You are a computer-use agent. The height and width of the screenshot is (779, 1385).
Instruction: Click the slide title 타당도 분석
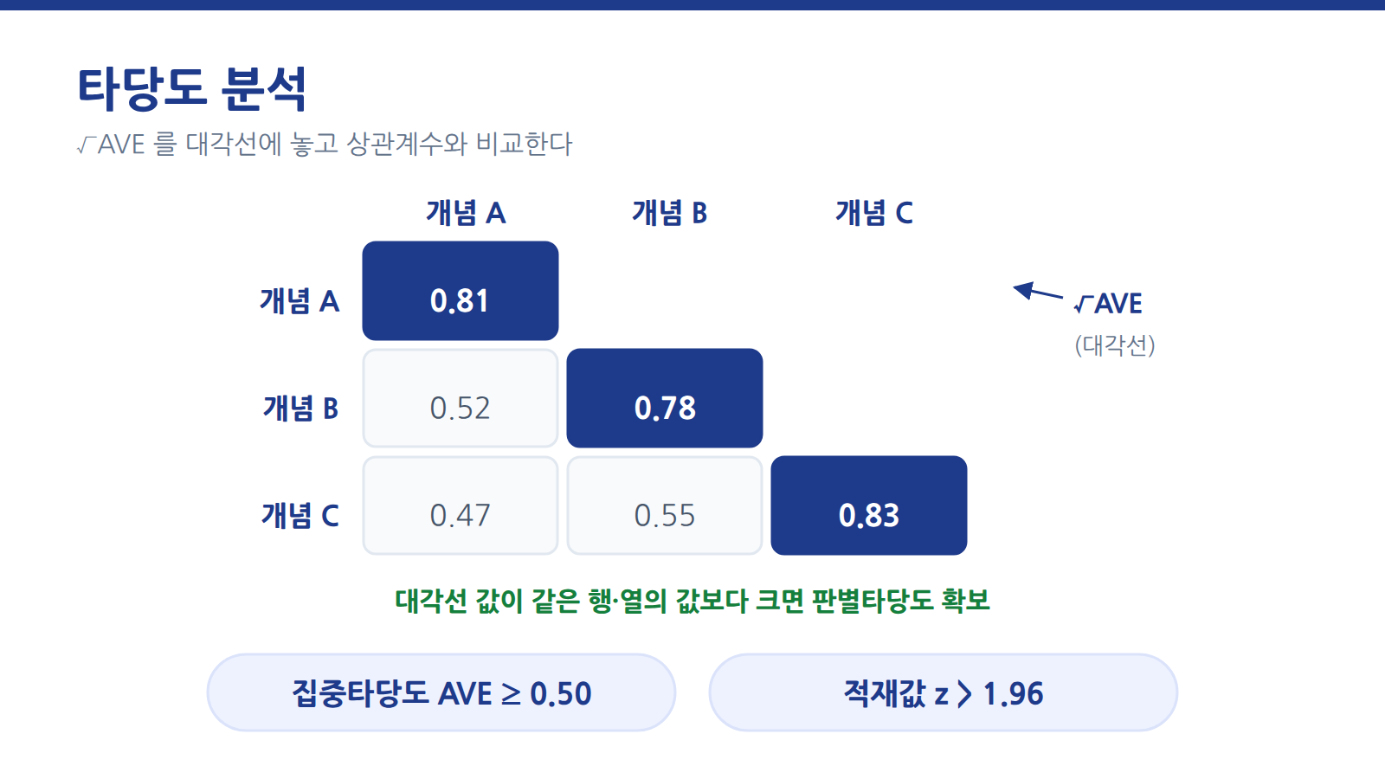(x=191, y=89)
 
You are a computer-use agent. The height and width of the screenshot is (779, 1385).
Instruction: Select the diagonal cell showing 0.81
(x=461, y=291)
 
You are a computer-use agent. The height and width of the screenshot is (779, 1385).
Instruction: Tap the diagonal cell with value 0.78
(x=665, y=398)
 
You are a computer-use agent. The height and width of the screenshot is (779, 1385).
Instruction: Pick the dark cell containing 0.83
(x=869, y=505)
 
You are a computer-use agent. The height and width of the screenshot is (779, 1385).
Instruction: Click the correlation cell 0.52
(x=461, y=398)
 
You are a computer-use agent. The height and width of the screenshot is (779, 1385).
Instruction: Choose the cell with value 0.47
(x=461, y=505)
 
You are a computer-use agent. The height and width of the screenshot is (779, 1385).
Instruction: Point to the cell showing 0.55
(x=665, y=505)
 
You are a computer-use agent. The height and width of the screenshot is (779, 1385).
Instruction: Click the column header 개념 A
(x=467, y=213)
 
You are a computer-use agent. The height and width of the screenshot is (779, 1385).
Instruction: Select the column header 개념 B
(x=670, y=213)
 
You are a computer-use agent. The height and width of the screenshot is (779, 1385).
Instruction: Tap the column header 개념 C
(x=874, y=213)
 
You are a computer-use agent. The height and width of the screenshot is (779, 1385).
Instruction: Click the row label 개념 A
(x=300, y=301)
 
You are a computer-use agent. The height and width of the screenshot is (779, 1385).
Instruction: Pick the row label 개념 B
(x=301, y=408)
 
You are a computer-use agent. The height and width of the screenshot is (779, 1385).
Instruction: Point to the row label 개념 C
(x=300, y=515)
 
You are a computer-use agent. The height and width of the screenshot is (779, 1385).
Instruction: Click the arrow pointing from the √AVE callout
(x=1038, y=292)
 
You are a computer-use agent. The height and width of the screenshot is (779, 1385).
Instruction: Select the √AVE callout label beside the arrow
(x=1108, y=304)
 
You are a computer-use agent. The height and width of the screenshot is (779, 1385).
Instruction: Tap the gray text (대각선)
(x=1115, y=345)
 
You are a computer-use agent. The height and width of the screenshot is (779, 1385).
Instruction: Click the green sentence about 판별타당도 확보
(x=692, y=601)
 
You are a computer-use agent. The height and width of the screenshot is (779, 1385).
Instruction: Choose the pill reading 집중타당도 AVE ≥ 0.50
(x=441, y=693)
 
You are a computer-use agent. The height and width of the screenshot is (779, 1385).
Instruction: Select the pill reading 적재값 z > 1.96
(x=944, y=693)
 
